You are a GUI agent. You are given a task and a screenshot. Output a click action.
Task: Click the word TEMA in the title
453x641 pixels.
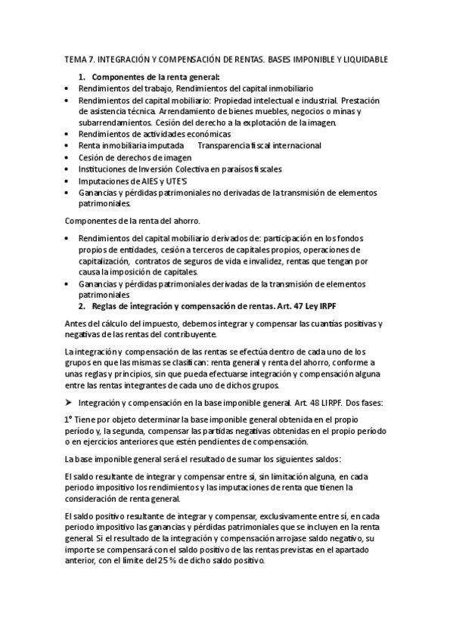tap(75, 59)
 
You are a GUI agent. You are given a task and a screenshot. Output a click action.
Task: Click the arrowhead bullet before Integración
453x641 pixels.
tap(69, 403)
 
